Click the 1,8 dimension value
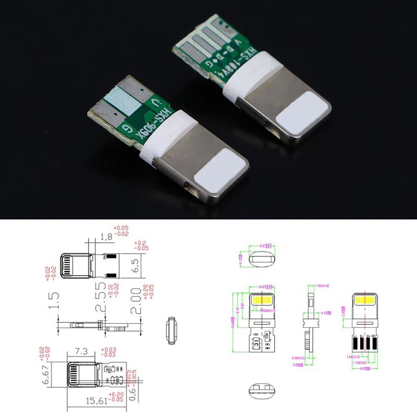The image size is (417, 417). (x=105, y=238)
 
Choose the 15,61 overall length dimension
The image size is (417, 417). (x=98, y=401)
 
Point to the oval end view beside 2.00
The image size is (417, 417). (x=170, y=331)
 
